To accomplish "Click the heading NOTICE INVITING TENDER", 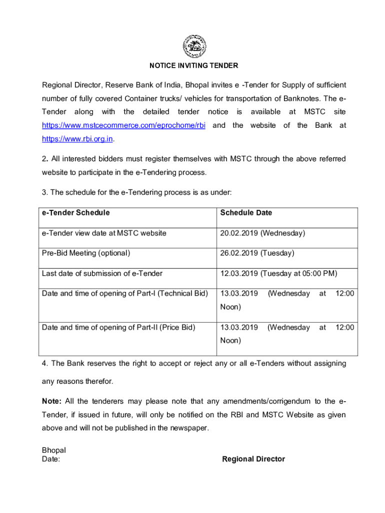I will (x=193, y=66).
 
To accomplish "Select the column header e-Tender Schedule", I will (x=75, y=213).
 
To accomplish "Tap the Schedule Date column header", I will (x=246, y=213).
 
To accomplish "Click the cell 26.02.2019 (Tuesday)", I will (x=257, y=253).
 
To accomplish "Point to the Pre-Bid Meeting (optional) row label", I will (x=86, y=253).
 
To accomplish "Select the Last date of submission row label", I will (x=102, y=274).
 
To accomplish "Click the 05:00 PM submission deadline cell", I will (x=278, y=274).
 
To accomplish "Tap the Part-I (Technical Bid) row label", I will (x=124, y=294).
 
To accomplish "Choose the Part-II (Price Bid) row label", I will (x=118, y=328).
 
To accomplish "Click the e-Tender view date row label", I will (x=104, y=233).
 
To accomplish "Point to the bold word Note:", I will (x=51, y=401).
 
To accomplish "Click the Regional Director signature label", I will (x=253, y=459).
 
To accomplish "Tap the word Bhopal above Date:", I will (x=53, y=450).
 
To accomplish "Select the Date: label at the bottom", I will (x=51, y=459).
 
